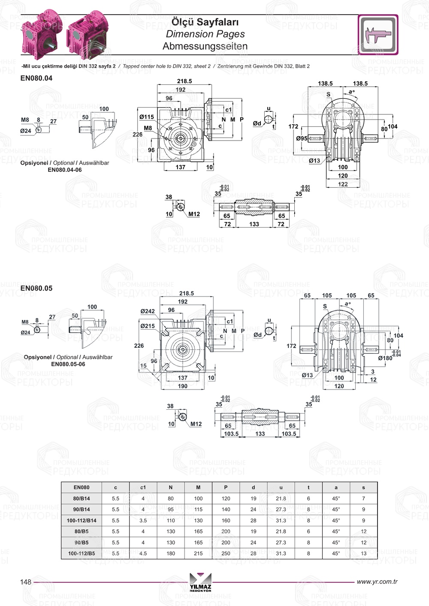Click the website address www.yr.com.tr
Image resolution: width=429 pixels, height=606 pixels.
click(x=377, y=582)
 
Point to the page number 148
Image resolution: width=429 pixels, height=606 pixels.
click(x=26, y=582)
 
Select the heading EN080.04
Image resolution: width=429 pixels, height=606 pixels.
click(x=36, y=78)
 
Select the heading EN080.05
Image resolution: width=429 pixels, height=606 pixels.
click(x=36, y=288)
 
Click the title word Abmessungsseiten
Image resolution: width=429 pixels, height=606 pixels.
click(x=205, y=46)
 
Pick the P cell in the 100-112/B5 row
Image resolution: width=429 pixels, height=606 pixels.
click(x=226, y=553)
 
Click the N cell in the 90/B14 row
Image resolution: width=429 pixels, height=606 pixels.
click(x=171, y=510)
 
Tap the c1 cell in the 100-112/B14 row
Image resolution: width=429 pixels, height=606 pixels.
click(x=143, y=521)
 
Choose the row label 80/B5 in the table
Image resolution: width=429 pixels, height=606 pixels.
click(x=82, y=531)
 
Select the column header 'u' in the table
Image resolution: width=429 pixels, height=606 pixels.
click(x=281, y=487)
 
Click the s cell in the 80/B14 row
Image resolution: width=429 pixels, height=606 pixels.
click(x=363, y=498)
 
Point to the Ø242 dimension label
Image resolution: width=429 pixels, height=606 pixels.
click(x=148, y=312)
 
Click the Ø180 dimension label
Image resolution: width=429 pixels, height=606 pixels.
click(x=385, y=358)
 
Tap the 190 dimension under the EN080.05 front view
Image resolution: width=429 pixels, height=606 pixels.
click(x=183, y=386)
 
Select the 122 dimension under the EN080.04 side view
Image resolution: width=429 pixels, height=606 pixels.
click(x=343, y=184)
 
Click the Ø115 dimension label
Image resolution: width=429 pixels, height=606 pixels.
click(x=146, y=117)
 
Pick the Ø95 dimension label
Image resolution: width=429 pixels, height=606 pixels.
click(x=302, y=138)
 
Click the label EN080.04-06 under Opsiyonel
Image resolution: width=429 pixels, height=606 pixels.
click(x=64, y=170)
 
